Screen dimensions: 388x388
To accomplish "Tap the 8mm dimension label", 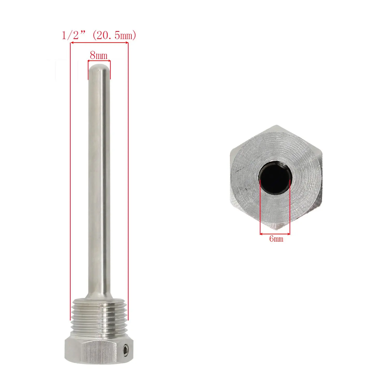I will click(99, 55).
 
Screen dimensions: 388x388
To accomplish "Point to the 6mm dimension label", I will click(276, 238).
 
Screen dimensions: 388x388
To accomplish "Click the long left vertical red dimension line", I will click(70, 181).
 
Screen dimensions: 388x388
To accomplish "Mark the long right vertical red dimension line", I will click(128, 181).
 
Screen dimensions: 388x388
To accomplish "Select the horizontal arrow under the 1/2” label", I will click(99, 43).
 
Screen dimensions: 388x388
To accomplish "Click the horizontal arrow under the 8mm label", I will click(99, 61).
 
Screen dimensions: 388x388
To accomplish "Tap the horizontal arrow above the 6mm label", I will click(275, 234).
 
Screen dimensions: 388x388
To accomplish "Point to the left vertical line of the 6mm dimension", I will click(260, 207).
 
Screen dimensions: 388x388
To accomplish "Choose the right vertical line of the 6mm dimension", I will click(290, 207).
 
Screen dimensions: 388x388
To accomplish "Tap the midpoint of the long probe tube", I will click(99, 181).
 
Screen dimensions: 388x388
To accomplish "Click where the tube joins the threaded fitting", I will click(99, 298).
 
